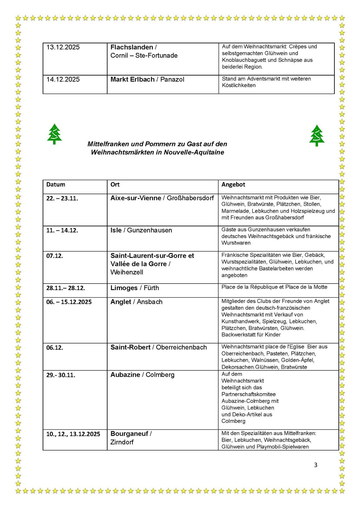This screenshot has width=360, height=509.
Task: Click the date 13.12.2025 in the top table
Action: point(63,47)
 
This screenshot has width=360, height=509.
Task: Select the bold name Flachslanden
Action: point(132,47)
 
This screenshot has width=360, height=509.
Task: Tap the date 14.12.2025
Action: point(63,80)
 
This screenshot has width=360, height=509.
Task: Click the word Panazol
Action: point(172,80)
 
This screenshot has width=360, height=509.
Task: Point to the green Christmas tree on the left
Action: point(54,134)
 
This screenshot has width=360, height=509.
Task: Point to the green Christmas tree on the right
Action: point(317,135)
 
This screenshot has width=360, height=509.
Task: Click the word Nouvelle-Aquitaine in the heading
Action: point(194,152)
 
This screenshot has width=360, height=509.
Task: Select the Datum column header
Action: point(56,185)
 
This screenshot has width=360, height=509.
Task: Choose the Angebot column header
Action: point(233,185)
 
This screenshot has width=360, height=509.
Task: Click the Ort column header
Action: point(115,185)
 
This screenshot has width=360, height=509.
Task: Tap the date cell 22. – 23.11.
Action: point(62,198)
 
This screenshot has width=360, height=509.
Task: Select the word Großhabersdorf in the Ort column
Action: point(190,198)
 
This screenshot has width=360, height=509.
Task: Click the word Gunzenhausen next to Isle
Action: point(149,230)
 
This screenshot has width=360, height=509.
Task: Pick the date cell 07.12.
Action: point(55,256)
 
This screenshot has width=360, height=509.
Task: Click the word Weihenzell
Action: point(127,272)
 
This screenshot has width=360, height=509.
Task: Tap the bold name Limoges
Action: point(124,288)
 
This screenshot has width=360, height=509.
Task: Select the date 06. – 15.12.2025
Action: point(69,302)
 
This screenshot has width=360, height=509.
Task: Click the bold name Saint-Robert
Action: point(130,347)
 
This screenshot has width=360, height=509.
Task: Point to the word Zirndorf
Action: point(122,442)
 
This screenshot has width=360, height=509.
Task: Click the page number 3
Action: point(316,465)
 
